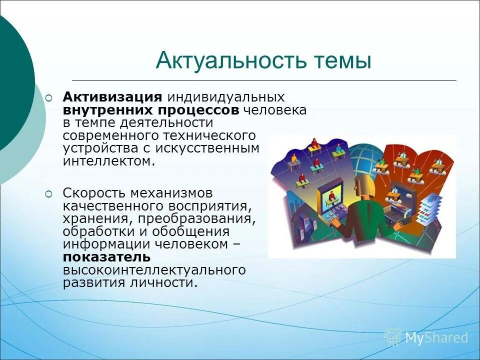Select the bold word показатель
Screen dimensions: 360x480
(x=106, y=257)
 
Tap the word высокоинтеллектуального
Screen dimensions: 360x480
(x=154, y=270)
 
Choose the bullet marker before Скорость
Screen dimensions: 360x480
(x=48, y=193)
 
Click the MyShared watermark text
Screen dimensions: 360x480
(x=436, y=337)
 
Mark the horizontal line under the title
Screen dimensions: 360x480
(x=264, y=80)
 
